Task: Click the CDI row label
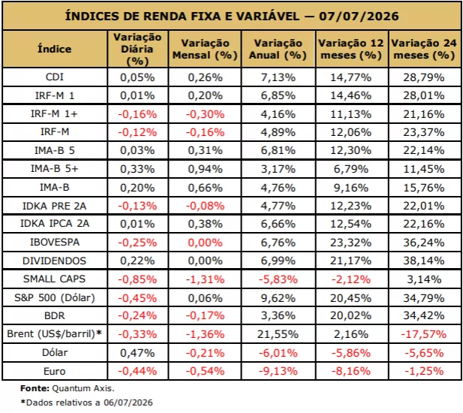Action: [55, 77]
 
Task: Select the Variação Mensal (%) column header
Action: [205, 49]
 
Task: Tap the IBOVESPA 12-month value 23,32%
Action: [350, 243]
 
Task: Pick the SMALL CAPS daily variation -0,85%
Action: [137, 279]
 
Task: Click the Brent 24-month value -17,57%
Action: [423, 334]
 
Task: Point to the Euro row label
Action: [55, 371]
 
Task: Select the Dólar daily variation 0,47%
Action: [137, 353]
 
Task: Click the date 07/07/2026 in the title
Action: [359, 16]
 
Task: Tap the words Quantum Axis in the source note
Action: [83, 388]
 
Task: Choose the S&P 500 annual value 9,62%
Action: [278, 298]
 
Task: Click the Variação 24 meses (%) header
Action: [424, 49]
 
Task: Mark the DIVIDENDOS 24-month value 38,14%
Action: [424, 261]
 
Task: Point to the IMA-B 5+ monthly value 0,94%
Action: [205, 169]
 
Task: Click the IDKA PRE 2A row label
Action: [55, 206]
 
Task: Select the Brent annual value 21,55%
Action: [278, 334]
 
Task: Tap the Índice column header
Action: [55, 49]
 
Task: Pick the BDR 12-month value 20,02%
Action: [350, 315]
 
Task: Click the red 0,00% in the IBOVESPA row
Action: [205, 243]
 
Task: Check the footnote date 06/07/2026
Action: [128, 402]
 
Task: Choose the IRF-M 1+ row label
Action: [54, 113]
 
